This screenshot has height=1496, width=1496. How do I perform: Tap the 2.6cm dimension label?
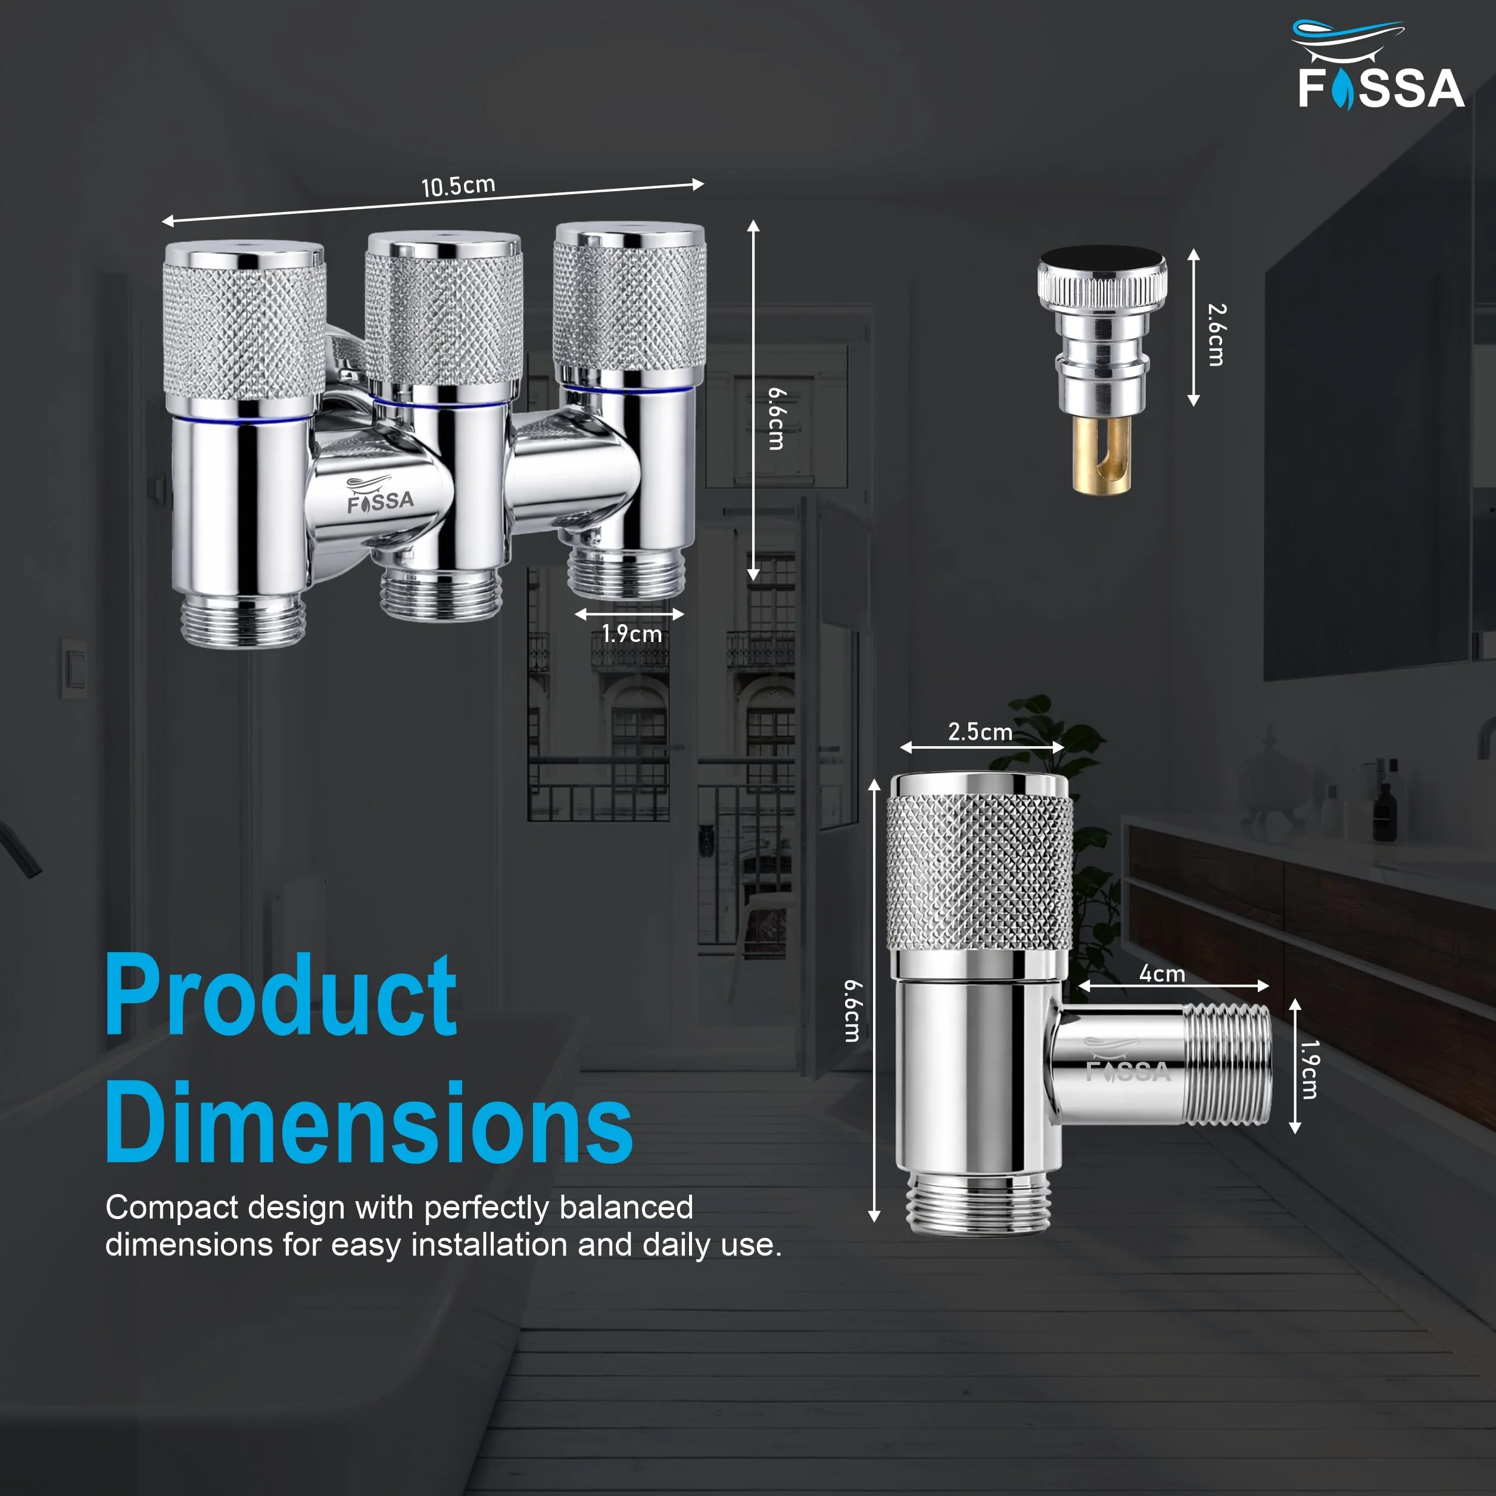click(1217, 335)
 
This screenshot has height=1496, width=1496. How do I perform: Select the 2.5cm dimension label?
click(980, 732)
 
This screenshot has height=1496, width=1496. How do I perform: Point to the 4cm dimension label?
click(1162, 973)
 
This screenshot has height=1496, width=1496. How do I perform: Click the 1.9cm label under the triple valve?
click(632, 634)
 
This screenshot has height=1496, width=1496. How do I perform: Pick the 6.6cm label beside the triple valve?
click(776, 419)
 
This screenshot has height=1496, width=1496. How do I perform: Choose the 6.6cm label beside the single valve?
click(852, 1011)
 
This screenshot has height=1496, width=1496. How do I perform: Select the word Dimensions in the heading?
click(369, 1122)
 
